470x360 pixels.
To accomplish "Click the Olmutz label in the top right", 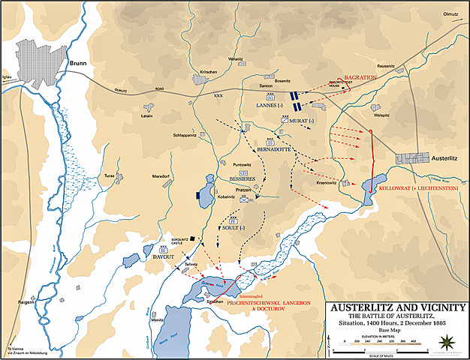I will (x=449, y=12).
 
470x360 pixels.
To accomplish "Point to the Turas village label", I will (x=110, y=174).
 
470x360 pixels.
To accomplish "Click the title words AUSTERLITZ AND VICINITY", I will (x=391, y=307).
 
